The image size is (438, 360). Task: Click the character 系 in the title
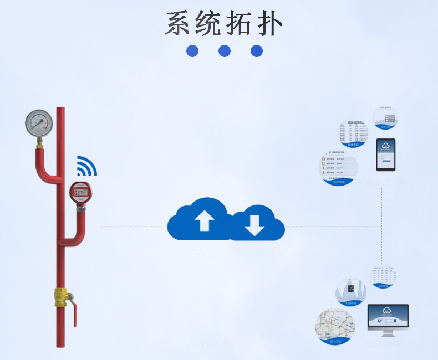pyautogui.click(x=180, y=23)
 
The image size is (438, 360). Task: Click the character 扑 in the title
pyautogui.click(x=269, y=23)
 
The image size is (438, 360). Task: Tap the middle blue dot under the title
pyautogui.click(x=225, y=51)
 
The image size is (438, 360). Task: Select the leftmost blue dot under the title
pyautogui.click(x=192, y=51)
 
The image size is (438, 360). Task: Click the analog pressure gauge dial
pyautogui.click(x=39, y=123)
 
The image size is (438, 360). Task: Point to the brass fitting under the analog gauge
pyautogui.click(x=40, y=143)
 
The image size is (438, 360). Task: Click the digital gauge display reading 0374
pyautogui.click(x=81, y=193)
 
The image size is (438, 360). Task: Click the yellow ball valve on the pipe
pyautogui.click(x=61, y=297)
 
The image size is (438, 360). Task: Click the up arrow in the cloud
pyautogui.click(x=204, y=221)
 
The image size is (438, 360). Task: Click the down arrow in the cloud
pyautogui.click(x=255, y=224)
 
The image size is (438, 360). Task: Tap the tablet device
pyautogui.click(x=386, y=155)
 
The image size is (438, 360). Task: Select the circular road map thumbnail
pyautogui.click(x=335, y=327)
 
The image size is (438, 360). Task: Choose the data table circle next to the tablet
pyautogui.click(x=354, y=133)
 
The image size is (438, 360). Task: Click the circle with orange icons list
pyautogui.click(x=338, y=169)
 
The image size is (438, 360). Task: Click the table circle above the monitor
pyautogui.click(x=383, y=276)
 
